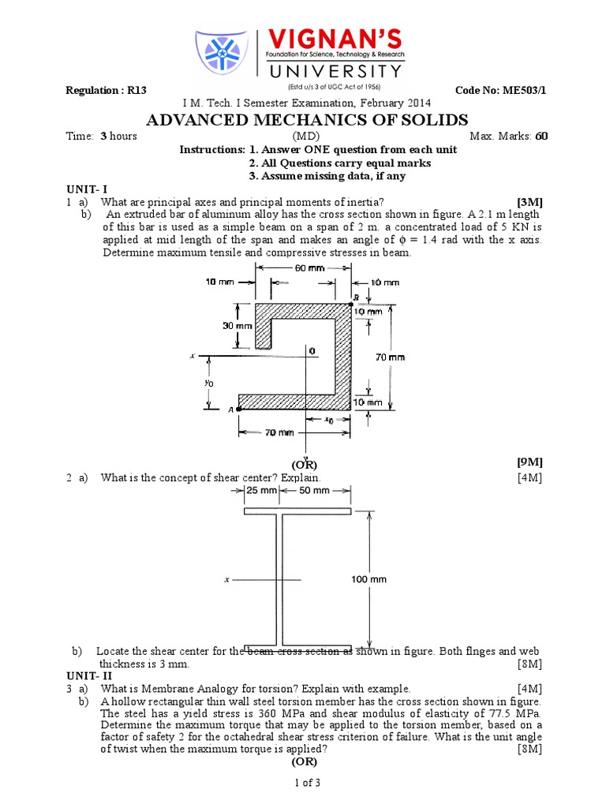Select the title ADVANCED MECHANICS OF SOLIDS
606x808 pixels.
(307, 120)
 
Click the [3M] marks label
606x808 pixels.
(528, 202)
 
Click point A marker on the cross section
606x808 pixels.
(238, 409)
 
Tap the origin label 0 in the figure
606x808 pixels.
(312, 350)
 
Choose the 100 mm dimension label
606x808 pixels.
(368, 579)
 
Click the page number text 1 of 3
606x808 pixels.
(304, 783)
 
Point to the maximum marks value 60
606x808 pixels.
(541, 136)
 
